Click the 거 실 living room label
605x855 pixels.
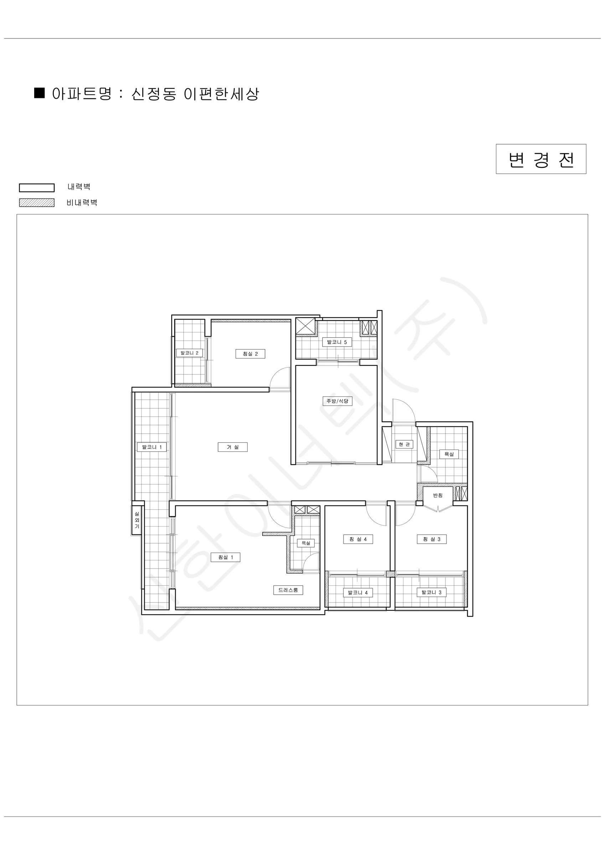pyautogui.click(x=232, y=447)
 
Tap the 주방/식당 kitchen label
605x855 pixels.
pyautogui.click(x=337, y=401)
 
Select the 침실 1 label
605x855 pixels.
pyautogui.click(x=226, y=557)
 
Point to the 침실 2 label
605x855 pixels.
pyautogui.click(x=250, y=354)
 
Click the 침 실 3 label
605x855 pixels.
pyautogui.click(x=432, y=539)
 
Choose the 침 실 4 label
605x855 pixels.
pyautogui.click(x=358, y=539)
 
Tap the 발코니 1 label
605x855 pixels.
pyautogui.click(x=152, y=447)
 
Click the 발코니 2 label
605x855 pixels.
pyautogui.click(x=189, y=353)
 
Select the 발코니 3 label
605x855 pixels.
pyautogui.click(x=431, y=592)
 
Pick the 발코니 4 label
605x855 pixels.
pyautogui.click(x=358, y=592)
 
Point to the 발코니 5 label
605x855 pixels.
pyautogui.click(x=337, y=342)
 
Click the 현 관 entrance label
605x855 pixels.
pyautogui.click(x=404, y=444)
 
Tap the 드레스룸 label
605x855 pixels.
pyautogui.click(x=288, y=590)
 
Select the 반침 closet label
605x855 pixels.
pyautogui.click(x=438, y=495)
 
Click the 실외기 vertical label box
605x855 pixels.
pyautogui.click(x=136, y=520)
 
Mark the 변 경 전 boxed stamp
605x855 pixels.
pyautogui.click(x=541, y=159)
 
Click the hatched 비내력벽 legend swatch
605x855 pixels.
pyautogui.click(x=37, y=203)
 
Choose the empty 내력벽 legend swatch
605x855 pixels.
pyautogui.click(x=37, y=188)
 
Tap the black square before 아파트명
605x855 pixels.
pyautogui.click(x=40, y=93)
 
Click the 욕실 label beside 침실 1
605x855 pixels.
pyautogui.click(x=305, y=543)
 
